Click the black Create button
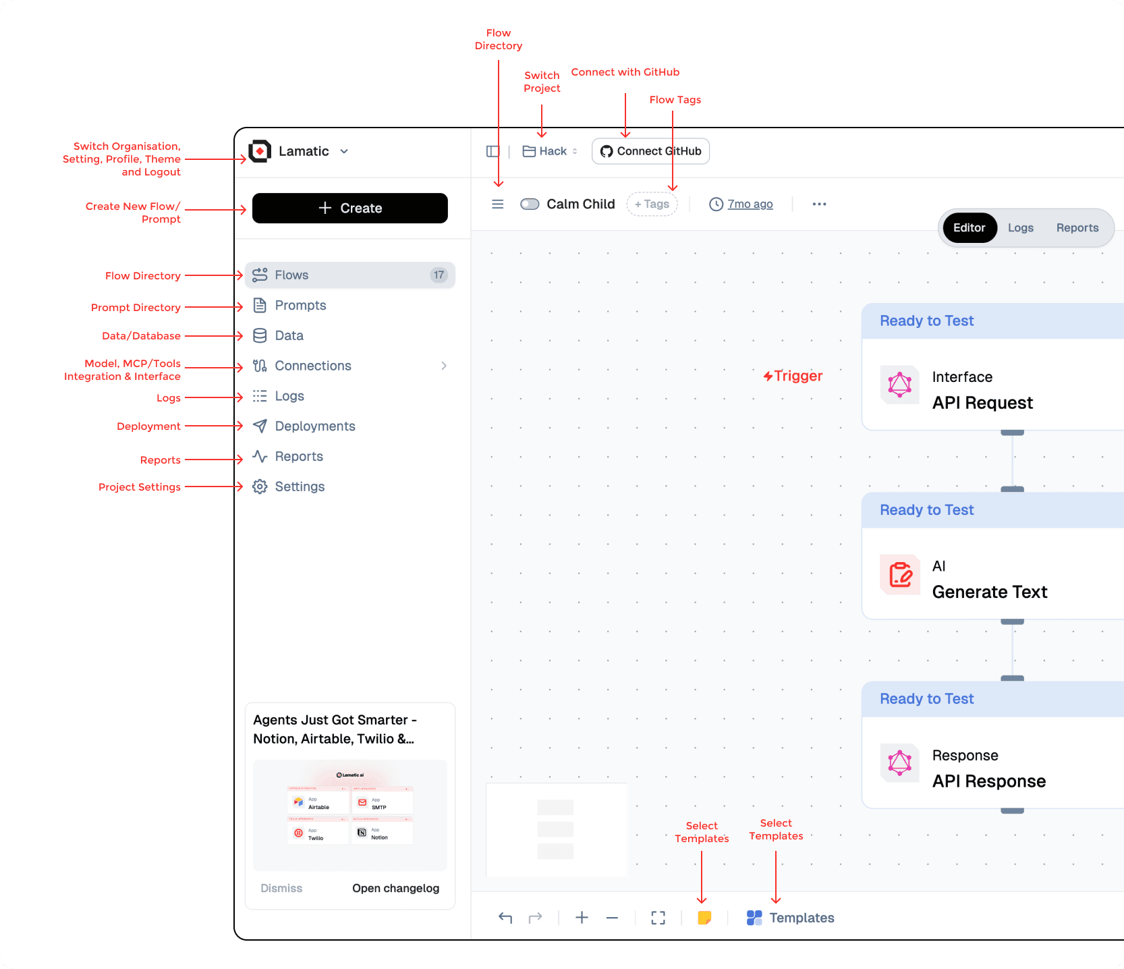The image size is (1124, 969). point(349,208)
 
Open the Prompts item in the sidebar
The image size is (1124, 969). point(300,306)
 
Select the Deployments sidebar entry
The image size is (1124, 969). point(314,426)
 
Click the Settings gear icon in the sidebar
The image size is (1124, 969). point(260,487)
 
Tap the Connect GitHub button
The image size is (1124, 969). point(650,151)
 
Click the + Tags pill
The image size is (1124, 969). point(652,204)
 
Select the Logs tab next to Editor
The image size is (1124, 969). point(1020,228)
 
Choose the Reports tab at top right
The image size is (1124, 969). point(1077,228)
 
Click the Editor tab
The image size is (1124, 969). point(969,228)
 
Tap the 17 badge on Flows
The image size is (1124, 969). point(439,275)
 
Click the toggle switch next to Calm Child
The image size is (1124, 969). point(530,204)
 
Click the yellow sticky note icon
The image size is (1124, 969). point(704,918)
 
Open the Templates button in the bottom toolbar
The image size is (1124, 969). point(791,918)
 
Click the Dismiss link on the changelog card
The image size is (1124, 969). point(281,888)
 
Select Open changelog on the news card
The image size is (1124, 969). point(395,888)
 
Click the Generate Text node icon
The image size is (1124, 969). point(900,575)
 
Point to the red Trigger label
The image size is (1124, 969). point(793,376)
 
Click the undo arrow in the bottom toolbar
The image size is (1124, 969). point(505,918)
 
